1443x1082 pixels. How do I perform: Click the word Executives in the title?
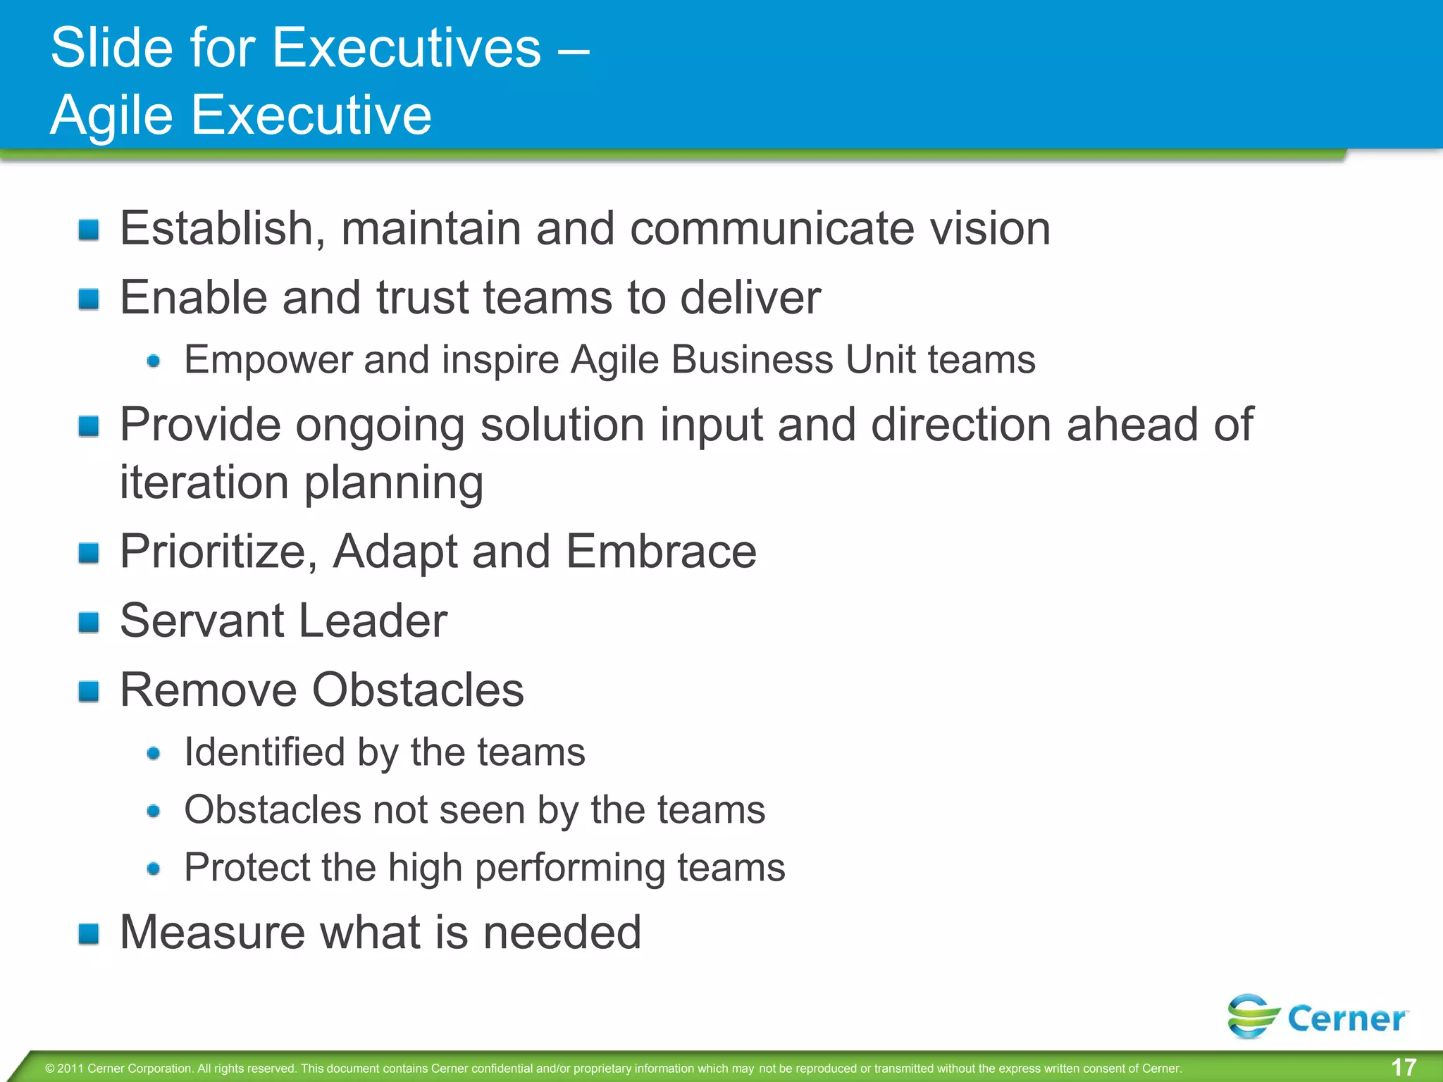click(x=407, y=48)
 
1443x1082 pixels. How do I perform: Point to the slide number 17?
click(x=1404, y=1067)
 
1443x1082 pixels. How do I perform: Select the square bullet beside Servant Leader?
click(x=89, y=622)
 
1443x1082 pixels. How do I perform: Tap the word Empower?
click(x=268, y=360)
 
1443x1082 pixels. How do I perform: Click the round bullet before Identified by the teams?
click(x=154, y=754)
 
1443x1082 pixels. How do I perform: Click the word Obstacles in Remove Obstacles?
click(x=418, y=690)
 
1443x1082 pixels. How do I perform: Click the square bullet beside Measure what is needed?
click(x=89, y=934)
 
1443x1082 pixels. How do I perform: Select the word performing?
click(x=569, y=867)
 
